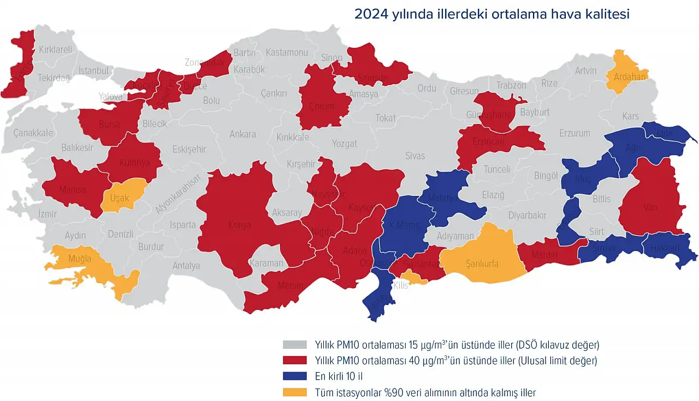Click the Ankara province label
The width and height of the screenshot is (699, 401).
242,134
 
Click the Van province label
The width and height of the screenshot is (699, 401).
650,207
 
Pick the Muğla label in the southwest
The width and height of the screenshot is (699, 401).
79,259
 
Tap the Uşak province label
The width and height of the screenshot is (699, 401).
120,198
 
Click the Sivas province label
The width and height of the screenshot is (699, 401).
415,156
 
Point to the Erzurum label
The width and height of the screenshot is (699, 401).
574,133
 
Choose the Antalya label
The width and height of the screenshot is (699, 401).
186,266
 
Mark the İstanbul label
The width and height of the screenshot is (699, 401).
94,70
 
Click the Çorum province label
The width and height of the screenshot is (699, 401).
321,106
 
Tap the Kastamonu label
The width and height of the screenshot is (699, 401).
287,52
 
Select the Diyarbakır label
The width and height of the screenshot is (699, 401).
527,215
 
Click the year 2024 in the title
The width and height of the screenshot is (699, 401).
371,14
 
